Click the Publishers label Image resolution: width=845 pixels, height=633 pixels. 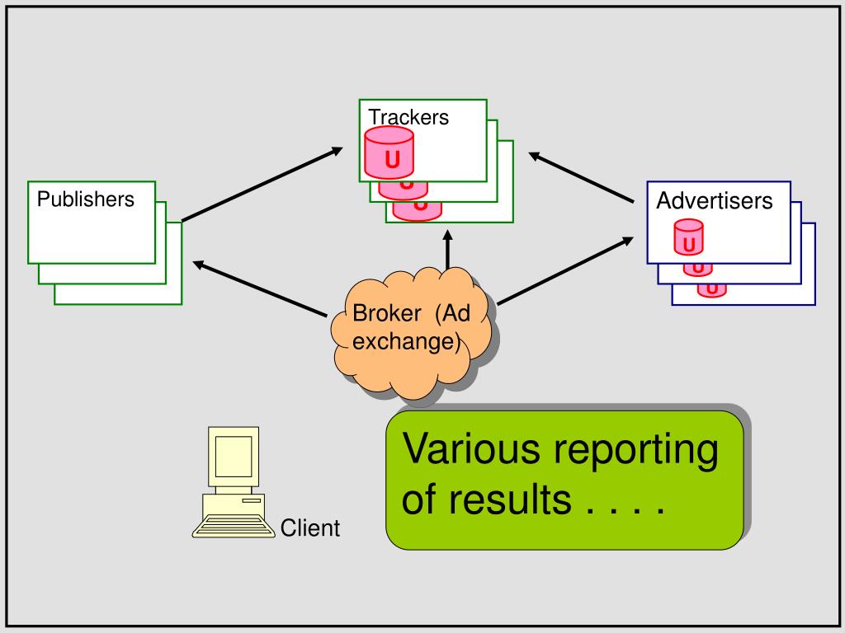(x=85, y=199)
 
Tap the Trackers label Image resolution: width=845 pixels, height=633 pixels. (x=408, y=117)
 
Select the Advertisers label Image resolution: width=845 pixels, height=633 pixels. (x=714, y=201)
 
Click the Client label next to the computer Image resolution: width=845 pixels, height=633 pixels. (x=310, y=528)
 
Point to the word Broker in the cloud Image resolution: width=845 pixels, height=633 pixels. (x=386, y=313)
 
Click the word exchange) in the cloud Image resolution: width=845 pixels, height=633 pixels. (x=406, y=342)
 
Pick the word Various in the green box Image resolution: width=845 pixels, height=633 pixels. (x=471, y=448)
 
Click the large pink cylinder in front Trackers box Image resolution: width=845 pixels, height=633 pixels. (x=389, y=152)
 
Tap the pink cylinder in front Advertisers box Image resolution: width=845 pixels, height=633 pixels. (x=689, y=237)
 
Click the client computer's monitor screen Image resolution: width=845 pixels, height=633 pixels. (x=234, y=457)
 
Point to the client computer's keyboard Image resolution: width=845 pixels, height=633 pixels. (x=234, y=526)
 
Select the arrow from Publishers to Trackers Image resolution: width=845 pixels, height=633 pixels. (x=262, y=184)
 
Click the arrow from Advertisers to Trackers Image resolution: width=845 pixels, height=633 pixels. (x=581, y=178)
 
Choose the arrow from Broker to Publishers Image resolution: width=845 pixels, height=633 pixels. (x=260, y=289)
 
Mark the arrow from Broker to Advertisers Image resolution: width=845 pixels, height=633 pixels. (x=564, y=270)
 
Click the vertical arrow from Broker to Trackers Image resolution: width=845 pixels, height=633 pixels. (x=447, y=250)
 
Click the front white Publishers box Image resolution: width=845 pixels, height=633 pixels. (x=92, y=223)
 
